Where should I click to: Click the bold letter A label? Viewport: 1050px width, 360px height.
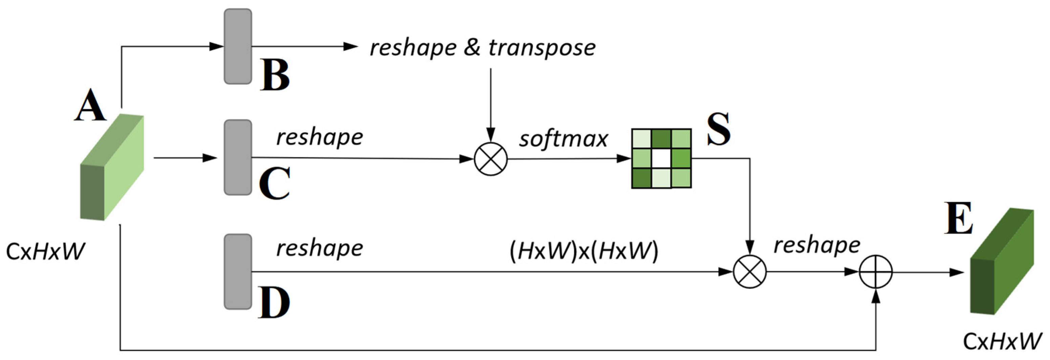pos(90,106)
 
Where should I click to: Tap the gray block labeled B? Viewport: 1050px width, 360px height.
pos(238,46)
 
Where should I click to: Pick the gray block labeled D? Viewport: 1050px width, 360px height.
pos(238,271)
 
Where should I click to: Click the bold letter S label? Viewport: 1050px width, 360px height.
pos(719,129)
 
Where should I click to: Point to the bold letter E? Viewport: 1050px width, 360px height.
pos(959,218)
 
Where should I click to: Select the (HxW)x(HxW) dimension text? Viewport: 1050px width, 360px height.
pos(584,251)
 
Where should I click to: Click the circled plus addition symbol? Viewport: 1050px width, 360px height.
pos(876,272)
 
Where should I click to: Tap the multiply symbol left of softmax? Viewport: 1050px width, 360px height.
pos(491,159)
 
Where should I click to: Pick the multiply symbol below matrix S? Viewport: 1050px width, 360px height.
pos(750,272)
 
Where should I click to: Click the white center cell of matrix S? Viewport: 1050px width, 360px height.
pos(661,158)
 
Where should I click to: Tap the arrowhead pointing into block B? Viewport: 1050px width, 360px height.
pos(216,46)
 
